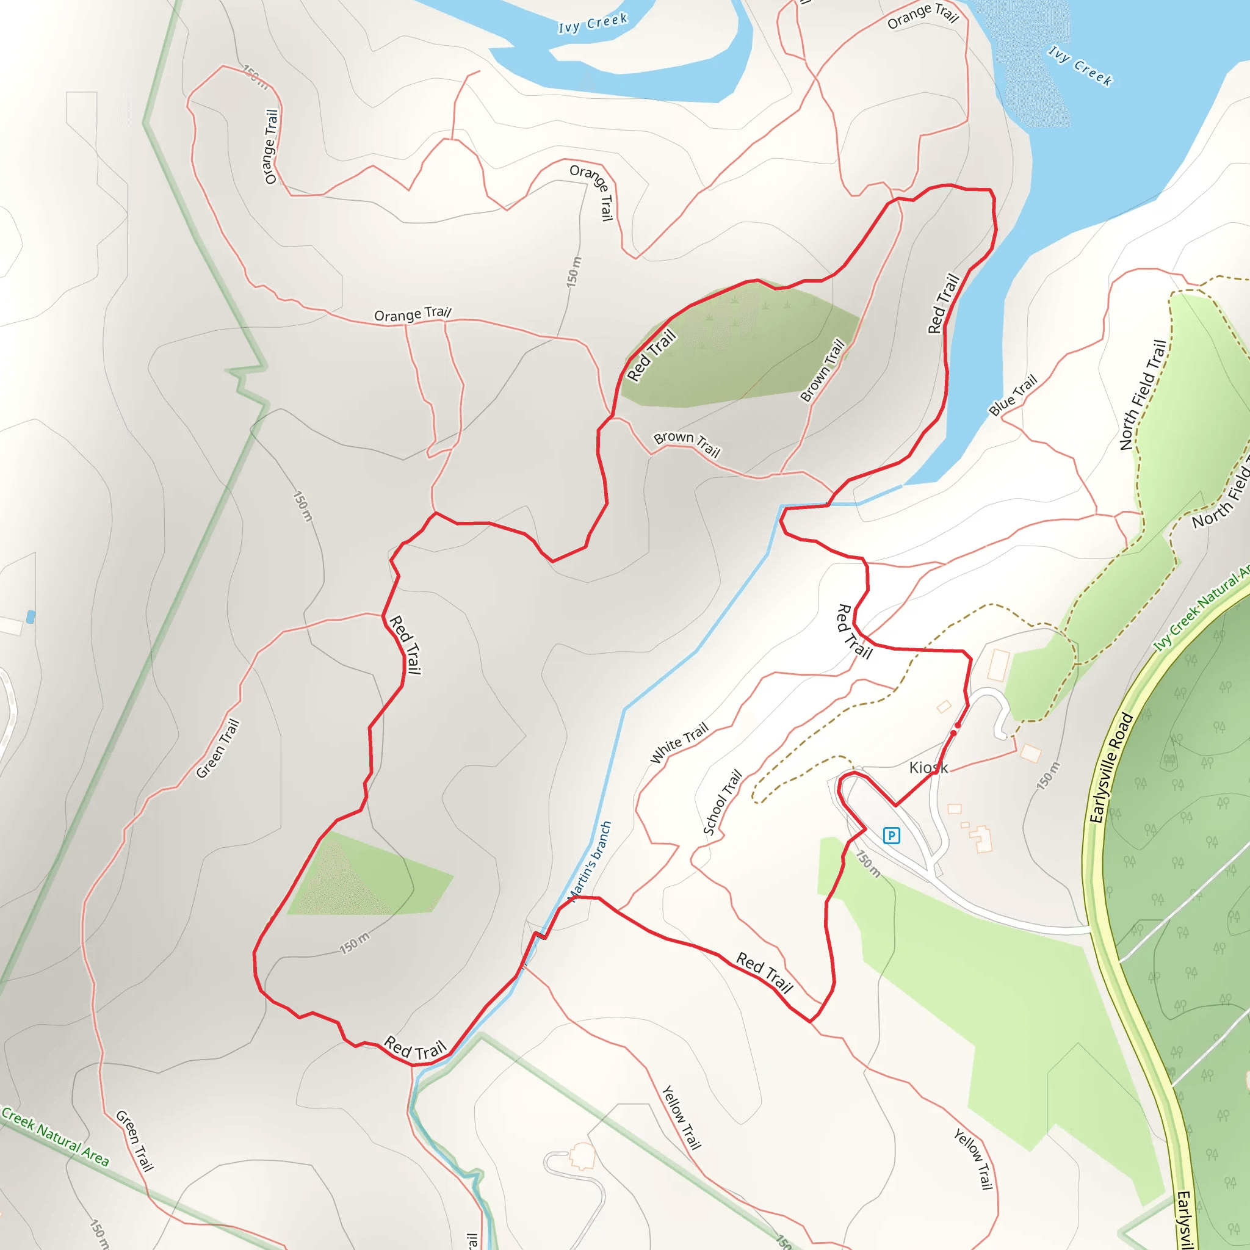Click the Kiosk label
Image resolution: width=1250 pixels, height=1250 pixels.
click(928, 767)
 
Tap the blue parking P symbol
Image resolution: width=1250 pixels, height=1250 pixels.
click(891, 836)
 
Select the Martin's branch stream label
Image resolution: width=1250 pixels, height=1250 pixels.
click(590, 861)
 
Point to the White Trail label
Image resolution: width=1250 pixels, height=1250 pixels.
click(679, 742)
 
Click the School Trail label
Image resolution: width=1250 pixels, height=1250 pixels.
click(722, 802)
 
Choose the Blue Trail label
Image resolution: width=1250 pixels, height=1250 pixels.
click(1013, 395)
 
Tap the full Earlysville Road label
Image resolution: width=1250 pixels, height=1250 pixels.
click(1111, 767)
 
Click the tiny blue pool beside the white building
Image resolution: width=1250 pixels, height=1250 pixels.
click(31, 616)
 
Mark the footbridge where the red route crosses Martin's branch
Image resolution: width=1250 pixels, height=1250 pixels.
click(539, 935)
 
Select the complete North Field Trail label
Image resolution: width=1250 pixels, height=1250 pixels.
click(1143, 395)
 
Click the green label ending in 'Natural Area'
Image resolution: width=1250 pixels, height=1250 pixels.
click(55, 1136)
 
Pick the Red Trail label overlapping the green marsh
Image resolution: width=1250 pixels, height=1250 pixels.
click(651, 355)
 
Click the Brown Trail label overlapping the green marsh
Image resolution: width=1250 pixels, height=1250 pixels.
click(822, 370)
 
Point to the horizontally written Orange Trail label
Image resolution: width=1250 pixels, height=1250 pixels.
click(413, 314)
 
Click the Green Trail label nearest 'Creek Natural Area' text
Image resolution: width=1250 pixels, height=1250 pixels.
click(134, 1141)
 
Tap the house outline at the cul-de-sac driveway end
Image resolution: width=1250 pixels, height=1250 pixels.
click(582, 1155)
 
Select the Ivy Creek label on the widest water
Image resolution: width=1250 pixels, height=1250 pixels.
click(1080, 66)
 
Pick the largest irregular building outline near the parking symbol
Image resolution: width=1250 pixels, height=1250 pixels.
click(981, 839)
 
